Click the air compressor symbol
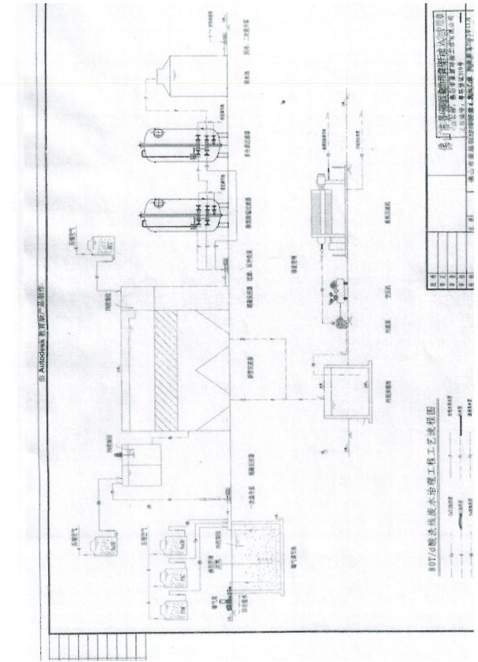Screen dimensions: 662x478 (x=338, y=285)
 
